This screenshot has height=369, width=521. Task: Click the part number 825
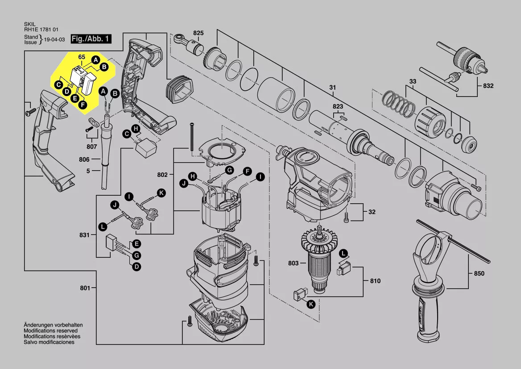[198, 33]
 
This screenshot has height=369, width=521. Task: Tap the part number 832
[488, 86]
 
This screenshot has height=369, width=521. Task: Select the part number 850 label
[479, 273]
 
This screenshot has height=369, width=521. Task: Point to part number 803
[293, 263]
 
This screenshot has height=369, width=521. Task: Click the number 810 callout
[375, 281]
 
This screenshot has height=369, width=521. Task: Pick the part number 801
[85, 288]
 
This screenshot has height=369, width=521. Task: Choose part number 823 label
[338, 106]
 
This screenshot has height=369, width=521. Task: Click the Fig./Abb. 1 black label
[91, 39]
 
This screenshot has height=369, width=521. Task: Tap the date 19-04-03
[54, 39]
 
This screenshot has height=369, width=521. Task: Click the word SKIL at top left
[29, 24]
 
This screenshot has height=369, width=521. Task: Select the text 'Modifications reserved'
[50, 331]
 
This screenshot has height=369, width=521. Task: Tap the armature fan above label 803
[320, 241]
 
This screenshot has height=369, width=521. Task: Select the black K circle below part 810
[311, 304]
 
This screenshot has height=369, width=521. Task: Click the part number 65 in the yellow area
[82, 57]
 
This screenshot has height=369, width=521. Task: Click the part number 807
[92, 146]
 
